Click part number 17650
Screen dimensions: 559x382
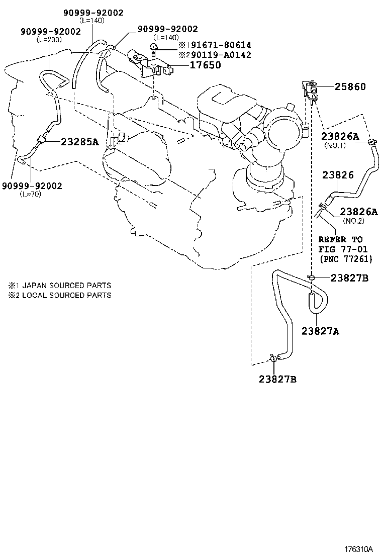(x=205, y=65)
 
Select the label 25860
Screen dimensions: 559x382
(x=350, y=87)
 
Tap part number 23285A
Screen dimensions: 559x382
(x=80, y=142)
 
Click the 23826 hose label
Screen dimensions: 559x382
(x=338, y=175)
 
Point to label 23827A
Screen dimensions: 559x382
(x=320, y=331)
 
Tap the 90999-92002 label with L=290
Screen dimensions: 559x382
(x=51, y=31)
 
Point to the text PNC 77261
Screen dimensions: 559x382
(x=345, y=259)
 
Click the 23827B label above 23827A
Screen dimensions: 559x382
(x=349, y=278)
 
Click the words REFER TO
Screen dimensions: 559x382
(x=340, y=240)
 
